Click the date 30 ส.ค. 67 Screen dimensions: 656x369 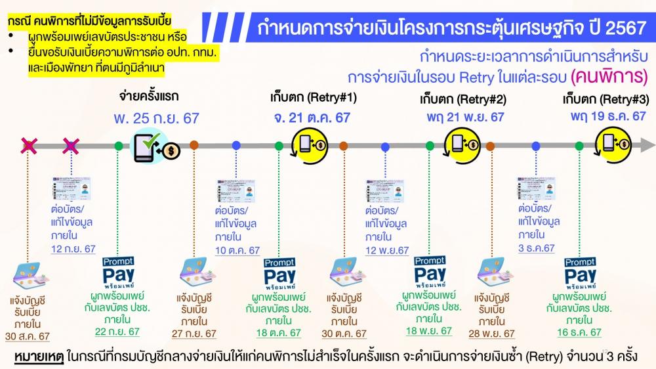[27, 336]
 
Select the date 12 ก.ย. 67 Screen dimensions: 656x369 [73, 250]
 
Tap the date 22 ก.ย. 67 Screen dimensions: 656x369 [117, 332]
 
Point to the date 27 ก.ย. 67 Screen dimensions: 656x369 [194, 334]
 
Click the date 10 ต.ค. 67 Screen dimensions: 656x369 [237, 251]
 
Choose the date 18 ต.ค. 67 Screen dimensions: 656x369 [279, 333]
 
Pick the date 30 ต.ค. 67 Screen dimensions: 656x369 [344, 334]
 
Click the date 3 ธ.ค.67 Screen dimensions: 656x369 [537, 248]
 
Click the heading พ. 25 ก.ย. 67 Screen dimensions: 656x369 [157, 119]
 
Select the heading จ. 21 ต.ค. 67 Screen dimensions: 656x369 [312, 118]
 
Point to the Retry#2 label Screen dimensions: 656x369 [463, 100]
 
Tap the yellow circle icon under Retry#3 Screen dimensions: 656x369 [613, 145]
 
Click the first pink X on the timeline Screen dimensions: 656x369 [29, 146]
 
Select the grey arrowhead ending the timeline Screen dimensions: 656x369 [647, 146]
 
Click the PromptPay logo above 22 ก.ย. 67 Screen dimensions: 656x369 [118, 273]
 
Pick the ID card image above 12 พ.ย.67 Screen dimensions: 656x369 [385, 192]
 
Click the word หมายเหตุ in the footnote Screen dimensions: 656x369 [39, 357]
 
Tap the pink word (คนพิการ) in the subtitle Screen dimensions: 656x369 [609, 77]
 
